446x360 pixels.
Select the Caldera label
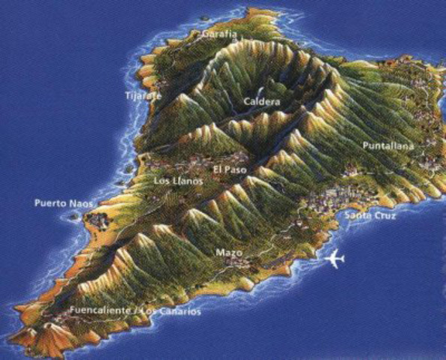pos(262,101)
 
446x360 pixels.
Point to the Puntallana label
pos(387,145)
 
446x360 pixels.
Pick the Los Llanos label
pos(177,181)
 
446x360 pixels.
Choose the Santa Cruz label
pos(370,215)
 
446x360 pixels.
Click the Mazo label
pos(228,253)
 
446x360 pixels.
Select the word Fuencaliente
pos(100,310)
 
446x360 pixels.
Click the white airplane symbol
pos(335,259)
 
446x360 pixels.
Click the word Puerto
pos(50,203)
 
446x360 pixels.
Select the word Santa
pos(357,215)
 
